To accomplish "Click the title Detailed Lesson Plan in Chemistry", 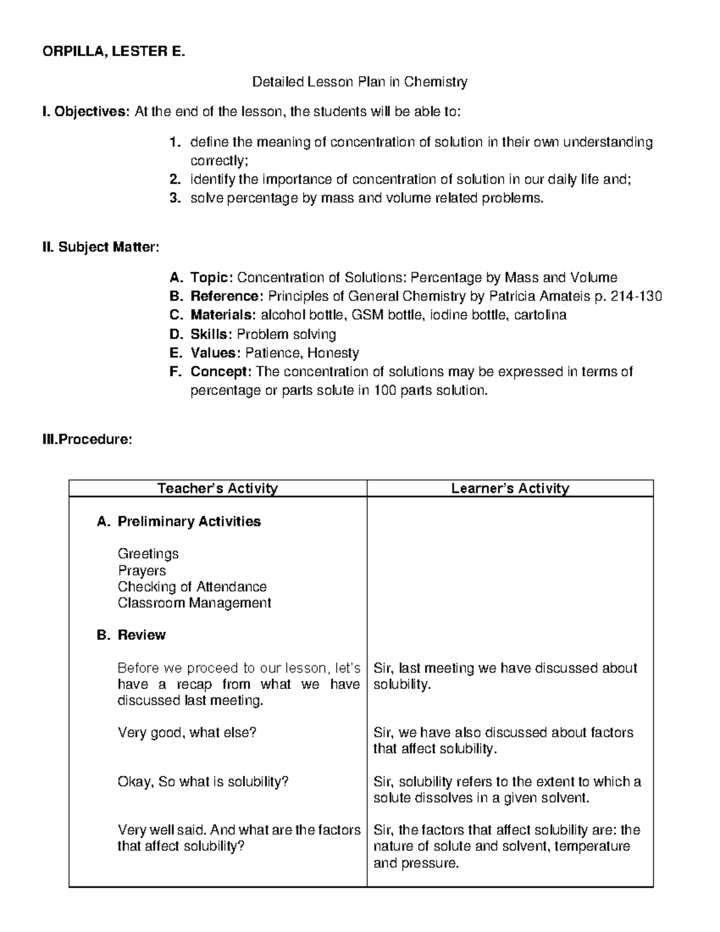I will (x=359, y=82).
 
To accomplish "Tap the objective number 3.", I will (x=175, y=198).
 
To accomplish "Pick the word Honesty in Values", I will (x=333, y=353).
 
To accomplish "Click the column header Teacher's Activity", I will (x=218, y=489).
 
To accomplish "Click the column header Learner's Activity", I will (x=510, y=489).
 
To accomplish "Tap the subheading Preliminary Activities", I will (x=189, y=522).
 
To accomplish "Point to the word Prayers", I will (x=142, y=570).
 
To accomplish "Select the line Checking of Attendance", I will (x=192, y=586).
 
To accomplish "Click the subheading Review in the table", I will (x=142, y=635).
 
